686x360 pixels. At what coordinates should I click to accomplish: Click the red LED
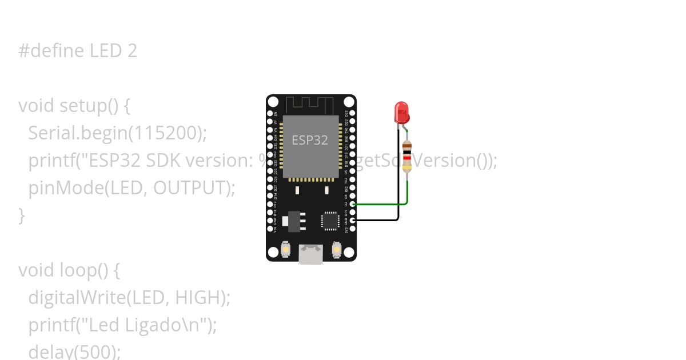(402, 112)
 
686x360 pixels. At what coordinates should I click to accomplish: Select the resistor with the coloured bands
(406, 155)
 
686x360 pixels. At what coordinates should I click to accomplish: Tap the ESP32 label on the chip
(310, 140)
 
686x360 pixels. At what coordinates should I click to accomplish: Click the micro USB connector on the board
(310, 254)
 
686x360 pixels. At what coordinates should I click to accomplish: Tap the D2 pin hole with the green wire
(353, 204)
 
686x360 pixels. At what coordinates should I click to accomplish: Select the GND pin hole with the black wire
(353, 219)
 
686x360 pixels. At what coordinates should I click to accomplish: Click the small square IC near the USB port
(330, 221)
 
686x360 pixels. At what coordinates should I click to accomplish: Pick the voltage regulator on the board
(294, 221)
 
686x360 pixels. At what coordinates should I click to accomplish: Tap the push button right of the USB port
(336, 250)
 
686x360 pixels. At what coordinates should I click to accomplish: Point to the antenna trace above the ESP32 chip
(309, 105)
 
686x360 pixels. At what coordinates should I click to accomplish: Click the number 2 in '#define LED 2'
(132, 51)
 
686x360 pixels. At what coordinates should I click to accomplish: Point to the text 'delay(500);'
(74, 351)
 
